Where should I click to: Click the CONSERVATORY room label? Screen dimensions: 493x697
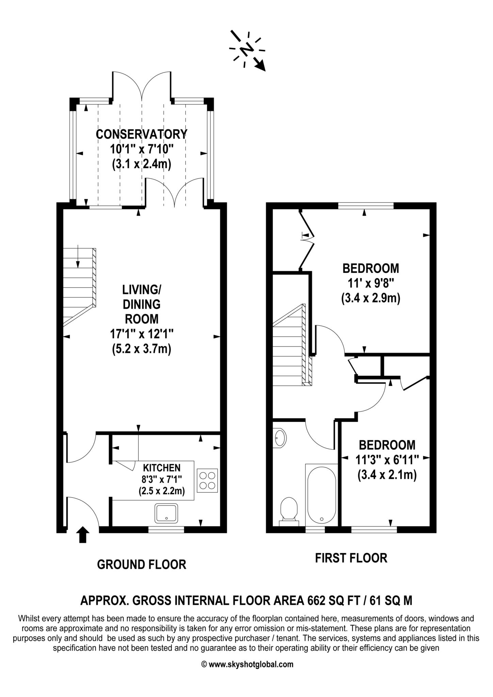point(141,134)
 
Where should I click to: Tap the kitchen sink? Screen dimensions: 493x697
point(166,513)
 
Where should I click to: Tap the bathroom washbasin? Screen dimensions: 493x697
point(280,438)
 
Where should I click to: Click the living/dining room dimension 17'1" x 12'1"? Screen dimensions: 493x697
point(141,334)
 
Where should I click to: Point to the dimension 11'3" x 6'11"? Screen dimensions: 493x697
point(387,460)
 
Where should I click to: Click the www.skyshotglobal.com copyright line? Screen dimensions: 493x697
point(248,664)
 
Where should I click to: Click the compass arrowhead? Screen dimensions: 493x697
point(260,65)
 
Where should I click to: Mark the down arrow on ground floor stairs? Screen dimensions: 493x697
point(78,256)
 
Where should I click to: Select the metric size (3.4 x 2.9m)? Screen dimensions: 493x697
point(370,298)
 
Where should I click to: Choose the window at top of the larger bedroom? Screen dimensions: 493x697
point(366,206)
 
